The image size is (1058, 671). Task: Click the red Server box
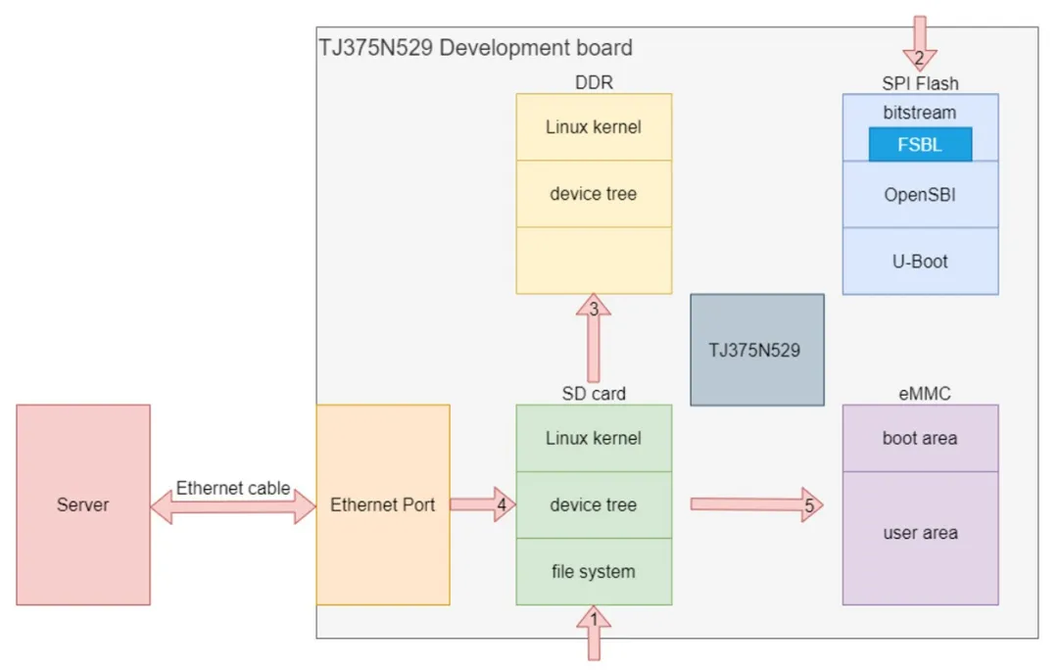83,504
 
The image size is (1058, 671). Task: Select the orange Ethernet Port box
383,504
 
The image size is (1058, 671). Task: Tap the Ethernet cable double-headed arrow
232,505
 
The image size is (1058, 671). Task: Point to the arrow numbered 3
594,338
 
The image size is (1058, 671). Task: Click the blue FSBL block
920,145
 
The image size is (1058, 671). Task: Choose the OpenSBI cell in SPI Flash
920,194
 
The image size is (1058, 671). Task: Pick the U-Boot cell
920,262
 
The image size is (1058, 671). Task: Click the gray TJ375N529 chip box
756,350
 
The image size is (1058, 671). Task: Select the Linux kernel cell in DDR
594,127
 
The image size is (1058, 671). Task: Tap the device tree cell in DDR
594,194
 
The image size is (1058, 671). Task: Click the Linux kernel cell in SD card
594,438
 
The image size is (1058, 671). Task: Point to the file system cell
594,571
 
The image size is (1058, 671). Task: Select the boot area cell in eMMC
920,438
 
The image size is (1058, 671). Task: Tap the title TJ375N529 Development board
476,47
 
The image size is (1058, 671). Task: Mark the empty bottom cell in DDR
594,261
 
